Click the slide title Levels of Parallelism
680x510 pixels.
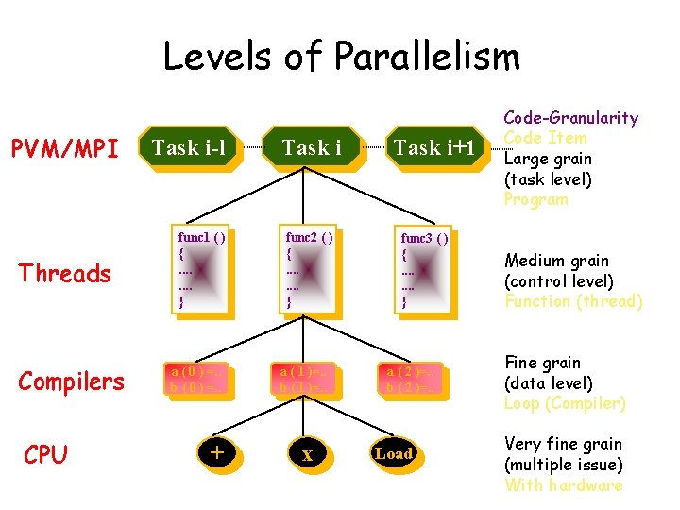(x=341, y=57)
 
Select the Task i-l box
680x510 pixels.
(x=190, y=147)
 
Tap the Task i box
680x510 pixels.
(x=312, y=147)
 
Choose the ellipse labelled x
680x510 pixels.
(x=307, y=454)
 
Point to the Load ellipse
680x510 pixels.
(x=394, y=454)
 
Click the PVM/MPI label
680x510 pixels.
(x=64, y=148)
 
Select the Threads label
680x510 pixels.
(x=65, y=274)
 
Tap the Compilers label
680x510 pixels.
(x=71, y=382)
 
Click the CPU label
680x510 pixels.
(x=45, y=455)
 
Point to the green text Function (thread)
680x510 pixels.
(x=573, y=302)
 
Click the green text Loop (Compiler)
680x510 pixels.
(x=566, y=403)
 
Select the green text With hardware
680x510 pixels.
(x=564, y=485)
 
